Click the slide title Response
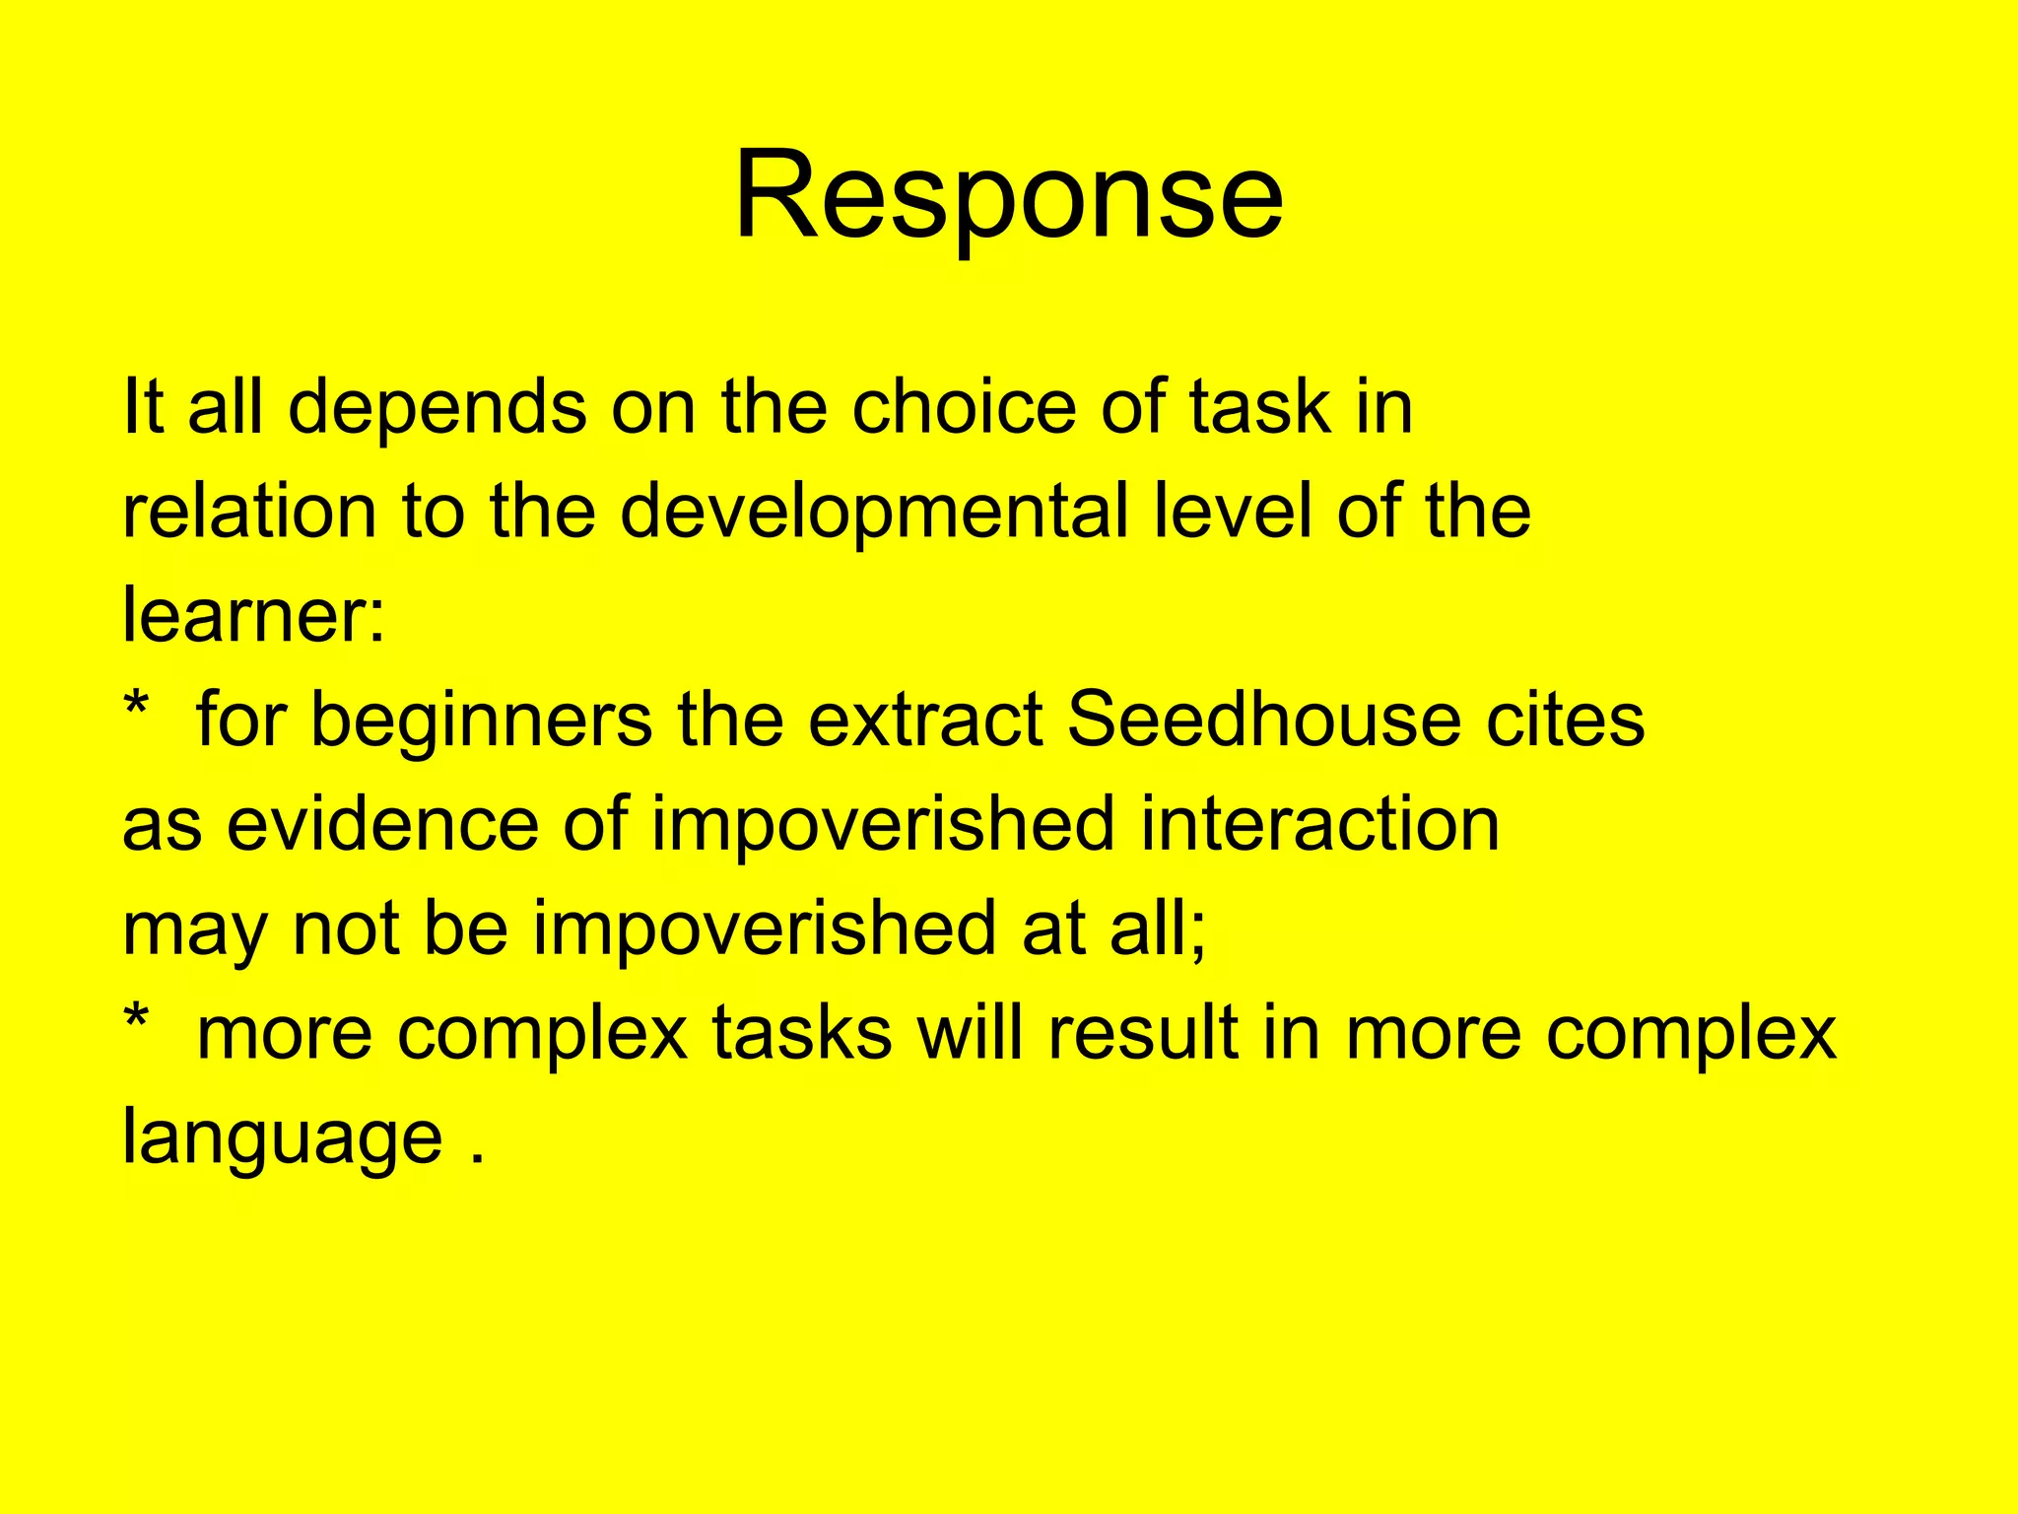tap(1008, 194)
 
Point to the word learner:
tap(254, 615)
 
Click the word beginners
tap(481, 721)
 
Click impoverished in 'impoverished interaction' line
tap(883, 825)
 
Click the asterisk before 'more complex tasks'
tap(136, 1021)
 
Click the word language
tap(282, 1138)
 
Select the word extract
tap(925, 719)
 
